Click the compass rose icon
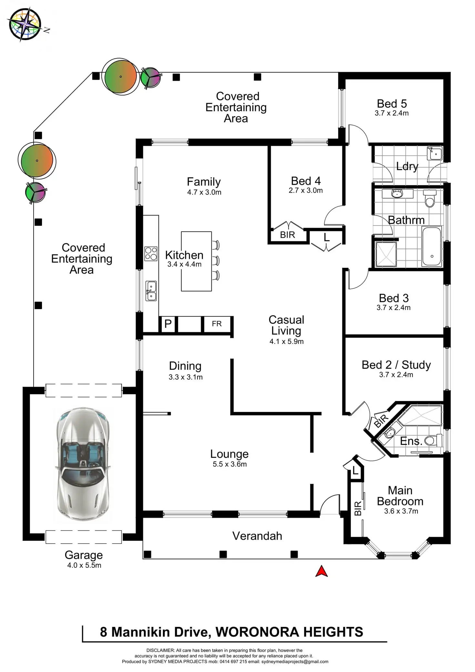[x=25, y=25]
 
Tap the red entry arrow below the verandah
[x=321, y=571]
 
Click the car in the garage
[x=83, y=464]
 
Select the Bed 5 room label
[x=392, y=104]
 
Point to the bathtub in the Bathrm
[x=431, y=246]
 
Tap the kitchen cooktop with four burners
[x=151, y=254]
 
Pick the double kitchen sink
[x=151, y=291]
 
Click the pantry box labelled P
[x=168, y=324]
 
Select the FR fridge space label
[x=217, y=324]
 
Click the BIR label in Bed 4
[x=288, y=235]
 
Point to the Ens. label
[x=411, y=441]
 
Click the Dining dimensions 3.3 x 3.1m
[x=186, y=377]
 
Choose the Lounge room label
[x=229, y=454]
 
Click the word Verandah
[x=257, y=536]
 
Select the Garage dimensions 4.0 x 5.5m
[x=84, y=565]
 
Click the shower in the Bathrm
[x=386, y=254]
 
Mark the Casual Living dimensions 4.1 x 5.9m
[x=287, y=342]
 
